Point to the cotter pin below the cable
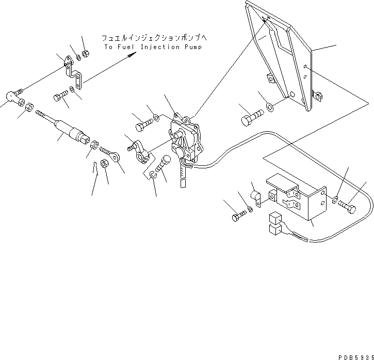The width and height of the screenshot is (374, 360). click(x=96, y=169)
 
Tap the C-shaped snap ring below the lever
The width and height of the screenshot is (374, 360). click(x=153, y=175)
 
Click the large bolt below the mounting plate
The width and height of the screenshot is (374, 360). click(x=249, y=119)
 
